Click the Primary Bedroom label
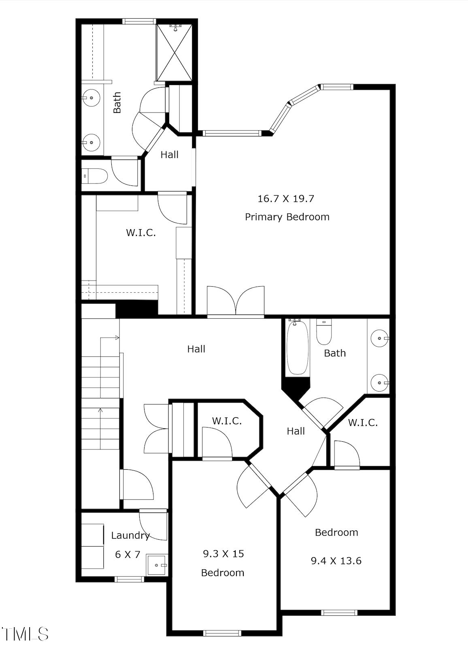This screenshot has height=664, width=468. pyautogui.click(x=287, y=217)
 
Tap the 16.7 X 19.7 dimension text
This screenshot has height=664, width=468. pyautogui.click(x=286, y=199)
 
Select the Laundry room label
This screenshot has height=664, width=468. pyautogui.click(x=130, y=536)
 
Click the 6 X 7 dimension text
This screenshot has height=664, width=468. pyautogui.click(x=128, y=555)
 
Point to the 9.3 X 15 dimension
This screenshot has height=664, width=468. pyautogui.click(x=223, y=553)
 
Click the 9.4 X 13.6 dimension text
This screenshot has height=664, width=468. pyautogui.click(x=336, y=561)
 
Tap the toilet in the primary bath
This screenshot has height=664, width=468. pyautogui.click(x=95, y=176)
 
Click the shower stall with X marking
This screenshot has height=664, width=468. pyautogui.click(x=174, y=53)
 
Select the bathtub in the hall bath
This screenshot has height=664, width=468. pyautogui.click(x=298, y=347)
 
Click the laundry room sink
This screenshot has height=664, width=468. pyautogui.click(x=156, y=565)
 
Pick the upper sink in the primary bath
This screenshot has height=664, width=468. pyautogui.click(x=91, y=98)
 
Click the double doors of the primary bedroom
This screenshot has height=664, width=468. pyautogui.click(x=236, y=302)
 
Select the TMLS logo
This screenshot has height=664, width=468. pyautogui.click(x=25, y=634)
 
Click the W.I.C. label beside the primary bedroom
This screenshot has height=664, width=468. pyautogui.click(x=141, y=233)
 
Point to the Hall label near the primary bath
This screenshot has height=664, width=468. pyautogui.click(x=169, y=155)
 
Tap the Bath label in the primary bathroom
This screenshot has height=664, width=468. pyautogui.click(x=117, y=102)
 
